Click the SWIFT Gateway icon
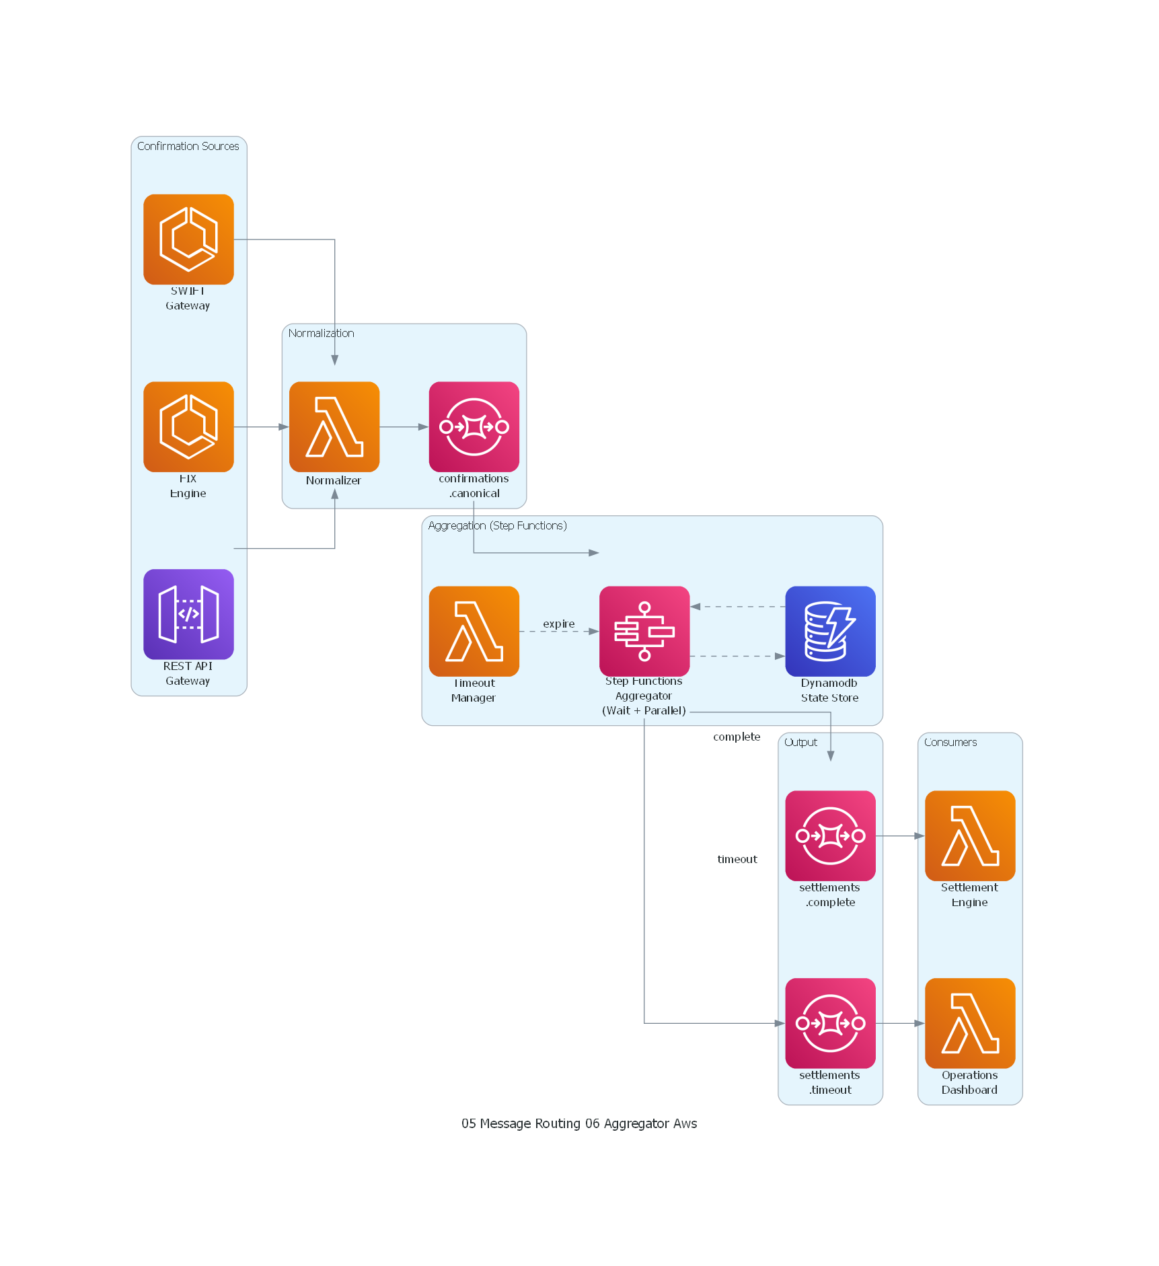188,239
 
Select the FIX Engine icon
188,426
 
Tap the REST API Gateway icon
188,614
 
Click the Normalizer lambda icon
334,426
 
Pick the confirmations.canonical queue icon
474,426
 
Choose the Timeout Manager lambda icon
474,631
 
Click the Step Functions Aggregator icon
644,631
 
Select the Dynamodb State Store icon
830,631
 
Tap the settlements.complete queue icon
830,835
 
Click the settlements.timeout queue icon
830,1023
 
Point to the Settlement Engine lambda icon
970,835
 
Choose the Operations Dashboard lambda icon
970,1023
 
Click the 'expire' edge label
559,624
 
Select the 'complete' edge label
737,737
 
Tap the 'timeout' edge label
737,859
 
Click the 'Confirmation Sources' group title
188,146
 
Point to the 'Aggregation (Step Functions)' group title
497,525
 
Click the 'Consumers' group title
950,742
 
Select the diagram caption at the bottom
579,1123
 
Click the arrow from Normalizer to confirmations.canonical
404,426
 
